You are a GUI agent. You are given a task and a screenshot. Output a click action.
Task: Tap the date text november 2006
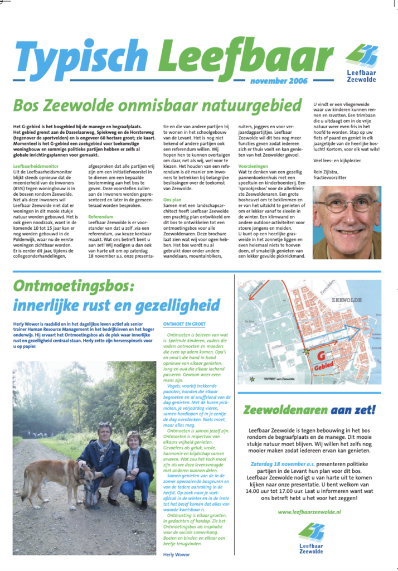[x=279, y=81]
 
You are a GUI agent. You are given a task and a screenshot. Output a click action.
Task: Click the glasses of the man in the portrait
[x=344, y=205]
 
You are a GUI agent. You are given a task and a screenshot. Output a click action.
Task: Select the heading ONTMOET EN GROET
[x=184, y=323]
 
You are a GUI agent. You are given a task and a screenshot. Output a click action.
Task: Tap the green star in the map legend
[x=253, y=379]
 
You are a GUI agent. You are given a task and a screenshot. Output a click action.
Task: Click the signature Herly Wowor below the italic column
[x=176, y=555]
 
